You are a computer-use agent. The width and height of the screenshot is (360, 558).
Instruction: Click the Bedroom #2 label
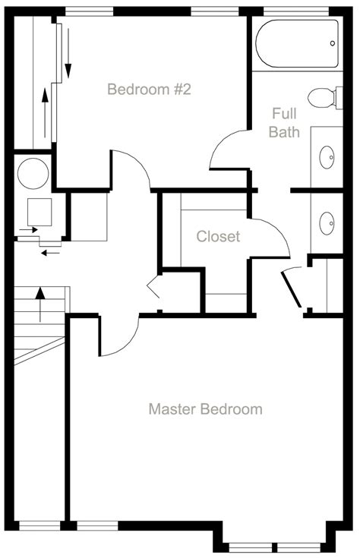pos(149,89)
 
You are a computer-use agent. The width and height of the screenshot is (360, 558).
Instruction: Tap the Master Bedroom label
pos(206,409)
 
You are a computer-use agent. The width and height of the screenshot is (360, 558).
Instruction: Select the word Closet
pos(218,236)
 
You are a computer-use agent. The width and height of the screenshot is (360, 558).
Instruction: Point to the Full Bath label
pos(284,123)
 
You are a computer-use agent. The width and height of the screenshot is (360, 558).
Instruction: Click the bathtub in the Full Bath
pos(297,44)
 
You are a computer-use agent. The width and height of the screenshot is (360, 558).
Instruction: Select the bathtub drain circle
pos(332,43)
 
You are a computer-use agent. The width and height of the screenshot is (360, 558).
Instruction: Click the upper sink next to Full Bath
pos(327,157)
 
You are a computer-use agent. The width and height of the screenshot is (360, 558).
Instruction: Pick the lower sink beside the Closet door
pos(327,223)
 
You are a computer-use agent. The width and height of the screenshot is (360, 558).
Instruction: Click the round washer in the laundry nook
pos(33,174)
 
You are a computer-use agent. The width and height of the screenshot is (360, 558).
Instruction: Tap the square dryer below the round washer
pos(39,212)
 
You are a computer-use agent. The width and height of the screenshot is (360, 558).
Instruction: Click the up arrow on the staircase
pos(40,304)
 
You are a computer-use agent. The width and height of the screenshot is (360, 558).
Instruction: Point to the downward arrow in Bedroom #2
pos(68,53)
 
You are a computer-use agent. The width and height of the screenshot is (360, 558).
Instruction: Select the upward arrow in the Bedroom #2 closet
pos(45,113)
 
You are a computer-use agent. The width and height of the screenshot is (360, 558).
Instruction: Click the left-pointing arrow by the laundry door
pos(50,253)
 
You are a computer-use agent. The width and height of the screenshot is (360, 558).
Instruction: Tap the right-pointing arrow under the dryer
pos(29,230)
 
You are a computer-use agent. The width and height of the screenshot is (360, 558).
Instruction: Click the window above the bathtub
pos(296,11)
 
